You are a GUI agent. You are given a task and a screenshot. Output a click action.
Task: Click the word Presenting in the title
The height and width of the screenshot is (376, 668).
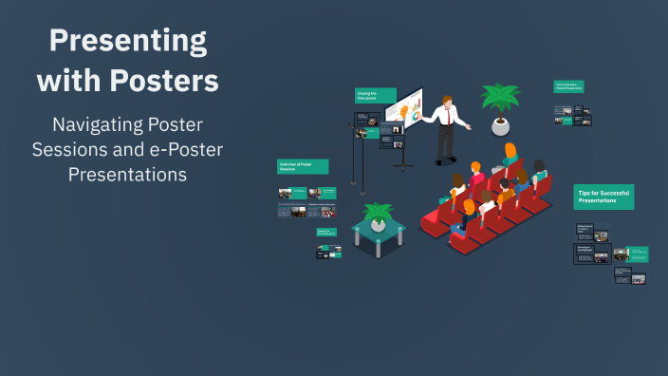click(x=127, y=41)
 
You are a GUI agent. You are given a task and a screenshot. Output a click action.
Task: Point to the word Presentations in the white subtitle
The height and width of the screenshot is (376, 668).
click(x=127, y=175)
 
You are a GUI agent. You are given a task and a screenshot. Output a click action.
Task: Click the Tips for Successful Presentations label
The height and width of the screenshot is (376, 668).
click(x=603, y=197)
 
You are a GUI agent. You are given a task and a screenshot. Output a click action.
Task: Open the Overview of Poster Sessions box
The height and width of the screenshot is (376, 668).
click(x=303, y=166)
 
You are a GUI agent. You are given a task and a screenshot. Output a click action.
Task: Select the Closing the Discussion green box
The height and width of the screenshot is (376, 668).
click(x=368, y=96)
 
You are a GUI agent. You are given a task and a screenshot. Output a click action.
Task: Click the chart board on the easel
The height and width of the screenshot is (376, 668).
click(x=404, y=108)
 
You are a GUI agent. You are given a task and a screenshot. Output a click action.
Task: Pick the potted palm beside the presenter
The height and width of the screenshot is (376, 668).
click(x=500, y=103)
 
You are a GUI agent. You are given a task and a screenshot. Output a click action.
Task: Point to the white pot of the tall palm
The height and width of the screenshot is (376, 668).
click(x=500, y=125)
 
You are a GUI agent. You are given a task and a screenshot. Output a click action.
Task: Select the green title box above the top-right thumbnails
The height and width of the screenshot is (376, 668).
click(x=568, y=86)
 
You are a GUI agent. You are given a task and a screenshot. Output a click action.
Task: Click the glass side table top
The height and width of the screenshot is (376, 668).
click(x=379, y=230)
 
